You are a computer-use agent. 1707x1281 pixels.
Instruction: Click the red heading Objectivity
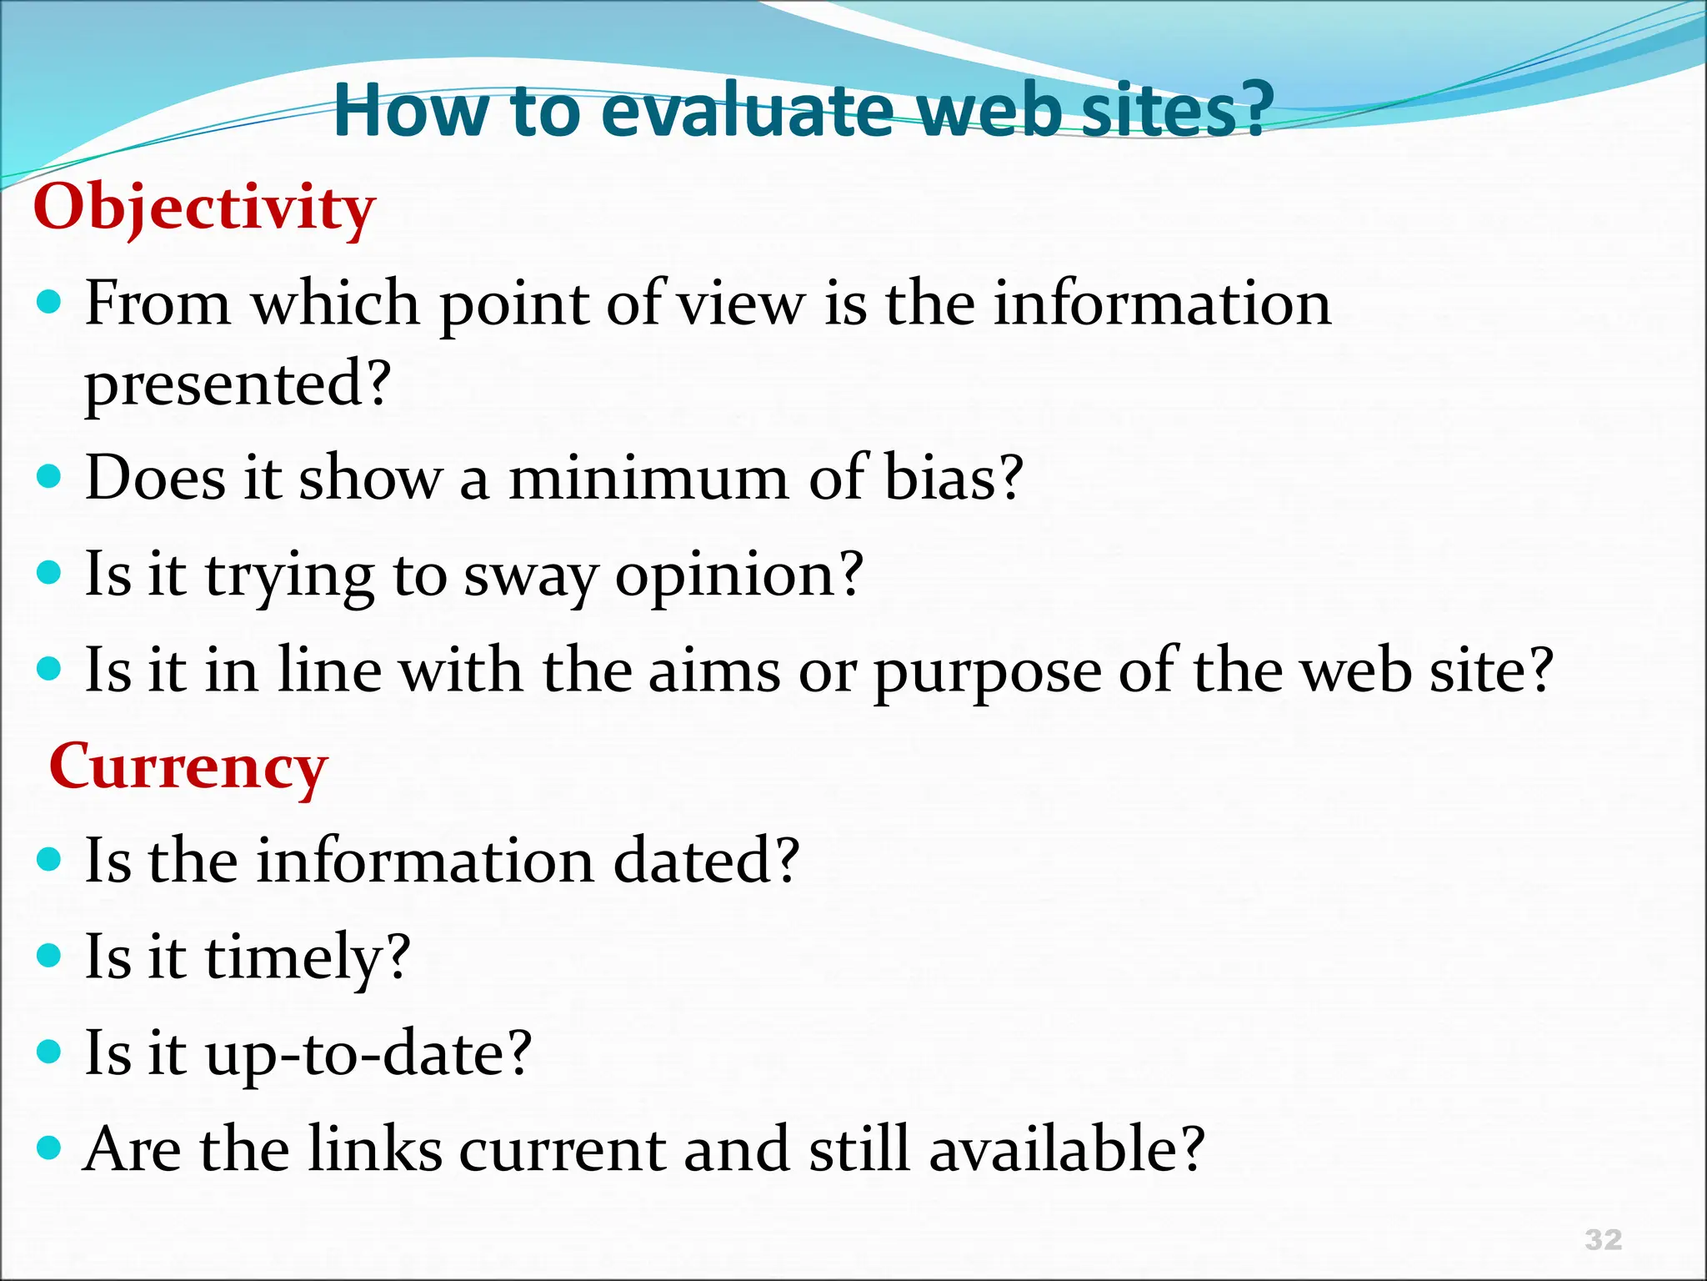[x=204, y=208]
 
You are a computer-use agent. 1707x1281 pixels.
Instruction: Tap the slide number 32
[x=1604, y=1239]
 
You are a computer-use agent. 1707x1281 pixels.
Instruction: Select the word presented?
[x=238, y=385]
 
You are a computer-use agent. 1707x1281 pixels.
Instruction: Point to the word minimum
[x=649, y=479]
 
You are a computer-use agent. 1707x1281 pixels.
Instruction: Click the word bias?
[x=953, y=479]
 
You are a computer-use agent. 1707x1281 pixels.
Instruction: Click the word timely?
[x=308, y=957]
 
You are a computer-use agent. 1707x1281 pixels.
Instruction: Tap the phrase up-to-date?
[x=368, y=1054]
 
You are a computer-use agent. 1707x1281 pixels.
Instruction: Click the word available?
[x=1066, y=1149]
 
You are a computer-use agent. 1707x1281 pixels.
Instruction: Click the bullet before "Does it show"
[x=50, y=477]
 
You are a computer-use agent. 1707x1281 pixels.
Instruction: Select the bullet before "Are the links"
[x=50, y=1148]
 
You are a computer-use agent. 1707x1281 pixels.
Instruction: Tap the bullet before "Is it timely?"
[x=50, y=955]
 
